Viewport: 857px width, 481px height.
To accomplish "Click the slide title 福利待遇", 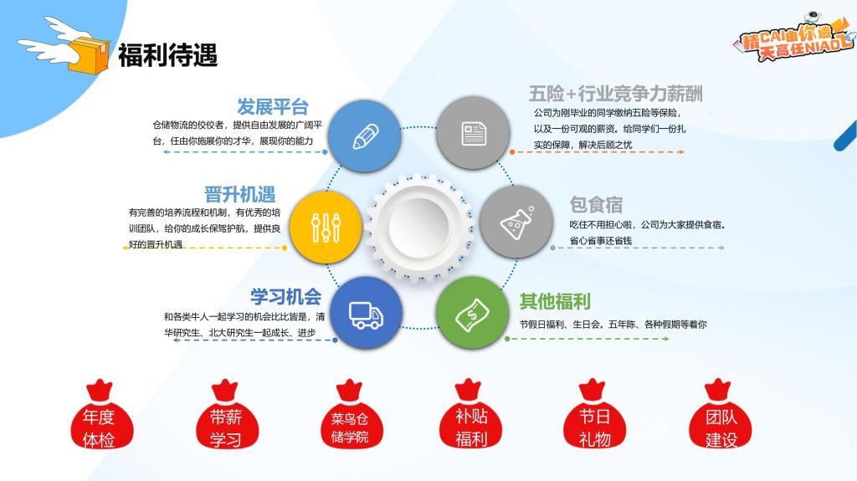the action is point(167,55).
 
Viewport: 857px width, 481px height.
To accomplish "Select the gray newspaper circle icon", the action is point(474,133).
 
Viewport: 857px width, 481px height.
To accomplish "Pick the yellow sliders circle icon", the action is point(326,228).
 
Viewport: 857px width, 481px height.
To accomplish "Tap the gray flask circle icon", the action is point(516,222).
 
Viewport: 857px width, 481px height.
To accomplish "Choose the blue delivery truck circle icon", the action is point(367,313).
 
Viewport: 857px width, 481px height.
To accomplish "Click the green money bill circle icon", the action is point(473,313).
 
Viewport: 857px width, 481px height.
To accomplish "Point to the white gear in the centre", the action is point(419,228).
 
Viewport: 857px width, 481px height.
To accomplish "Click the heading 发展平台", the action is point(273,106).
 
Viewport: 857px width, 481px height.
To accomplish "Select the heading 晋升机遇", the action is point(240,194).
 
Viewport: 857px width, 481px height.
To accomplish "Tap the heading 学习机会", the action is point(286,297).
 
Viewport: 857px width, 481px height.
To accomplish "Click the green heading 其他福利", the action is point(555,301).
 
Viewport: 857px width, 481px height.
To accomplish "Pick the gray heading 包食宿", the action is point(596,205).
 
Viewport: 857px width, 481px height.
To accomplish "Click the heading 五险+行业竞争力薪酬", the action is point(615,94).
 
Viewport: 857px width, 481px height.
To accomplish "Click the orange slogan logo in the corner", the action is point(795,36).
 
